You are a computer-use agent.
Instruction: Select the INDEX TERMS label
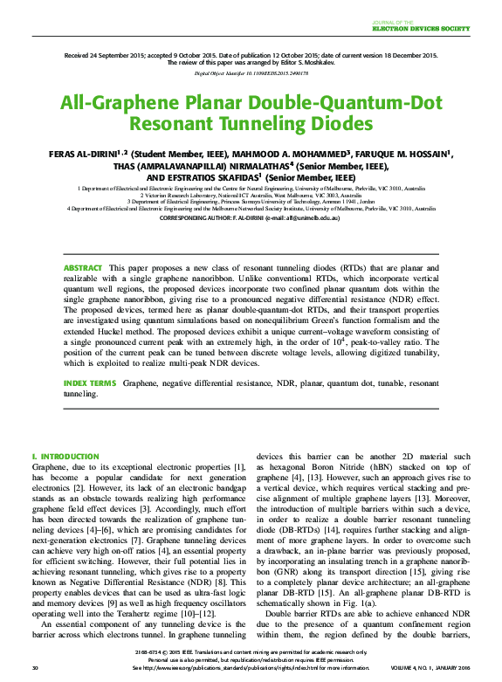(89, 383)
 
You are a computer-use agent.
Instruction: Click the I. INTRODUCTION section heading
(65, 456)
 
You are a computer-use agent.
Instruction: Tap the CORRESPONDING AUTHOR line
(251, 218)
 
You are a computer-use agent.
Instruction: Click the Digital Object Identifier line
(251, 74)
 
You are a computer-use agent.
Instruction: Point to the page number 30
(35, 668)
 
